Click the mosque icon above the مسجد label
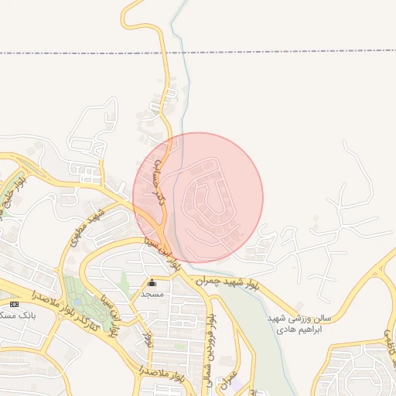click(x=152, y=283)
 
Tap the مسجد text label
click(x=152, y=295)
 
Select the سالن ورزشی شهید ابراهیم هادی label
click(x=299, y=323)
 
